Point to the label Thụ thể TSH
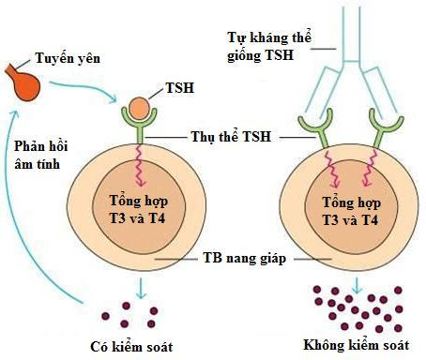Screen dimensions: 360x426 point(224,138)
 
